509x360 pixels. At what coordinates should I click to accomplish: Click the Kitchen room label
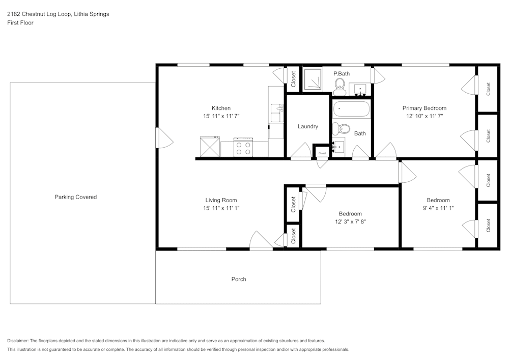coord(221,108)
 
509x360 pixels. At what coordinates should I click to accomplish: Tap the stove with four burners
coord(243,148)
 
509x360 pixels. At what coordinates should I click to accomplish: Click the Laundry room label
coord(308,126)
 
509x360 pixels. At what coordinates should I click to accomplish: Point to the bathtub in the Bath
coord(351,109)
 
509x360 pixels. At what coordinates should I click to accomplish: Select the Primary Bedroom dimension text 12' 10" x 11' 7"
coord(424,116)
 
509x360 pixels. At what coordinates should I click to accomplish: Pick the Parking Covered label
coord(75,197)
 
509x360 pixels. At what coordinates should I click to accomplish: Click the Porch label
coord(239,279)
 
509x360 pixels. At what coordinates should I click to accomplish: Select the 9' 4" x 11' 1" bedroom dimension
coord(438,208)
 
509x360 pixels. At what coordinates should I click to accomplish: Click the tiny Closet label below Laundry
coord(322,153)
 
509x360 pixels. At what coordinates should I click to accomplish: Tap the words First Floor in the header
coord(20,23)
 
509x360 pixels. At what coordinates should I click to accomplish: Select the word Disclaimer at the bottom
coord(18,341)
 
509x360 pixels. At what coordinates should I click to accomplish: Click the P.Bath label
coord(342,74)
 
